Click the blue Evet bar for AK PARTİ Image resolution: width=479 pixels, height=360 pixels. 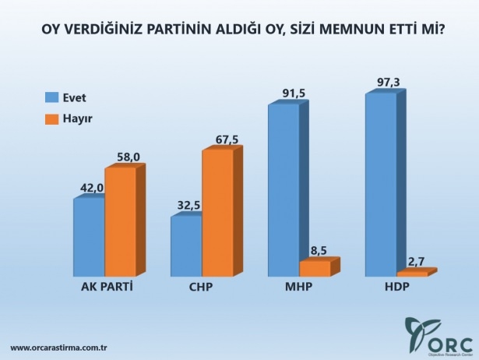(x=89, y=238)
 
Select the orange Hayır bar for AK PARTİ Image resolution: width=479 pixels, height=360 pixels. (x=120, y=222)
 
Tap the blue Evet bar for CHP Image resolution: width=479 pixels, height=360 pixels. (x=186, y=246)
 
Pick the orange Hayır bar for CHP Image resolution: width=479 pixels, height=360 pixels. (x=217, y=213)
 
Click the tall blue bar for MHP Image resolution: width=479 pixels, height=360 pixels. (x=284, y=190)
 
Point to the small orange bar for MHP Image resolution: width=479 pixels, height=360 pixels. (x=315, y=269)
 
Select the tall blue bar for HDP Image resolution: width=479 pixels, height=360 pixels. (x=381, y=185)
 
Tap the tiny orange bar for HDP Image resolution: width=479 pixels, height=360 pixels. (x=412, y=274)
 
